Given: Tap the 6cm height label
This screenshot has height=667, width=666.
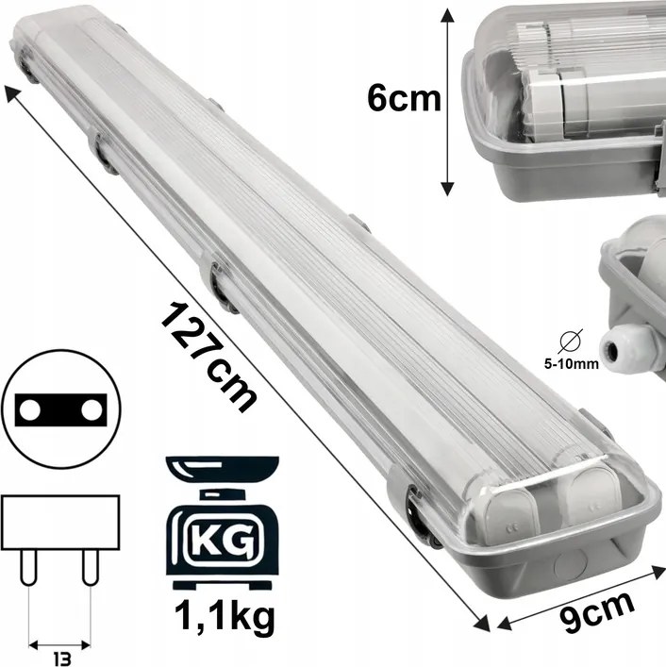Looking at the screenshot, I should (405, 96).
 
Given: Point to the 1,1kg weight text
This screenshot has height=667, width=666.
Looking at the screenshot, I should (223, 617).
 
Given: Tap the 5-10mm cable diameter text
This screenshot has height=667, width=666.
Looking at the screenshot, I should (577, 359).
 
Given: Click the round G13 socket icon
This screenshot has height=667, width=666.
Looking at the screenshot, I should (58, 411).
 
